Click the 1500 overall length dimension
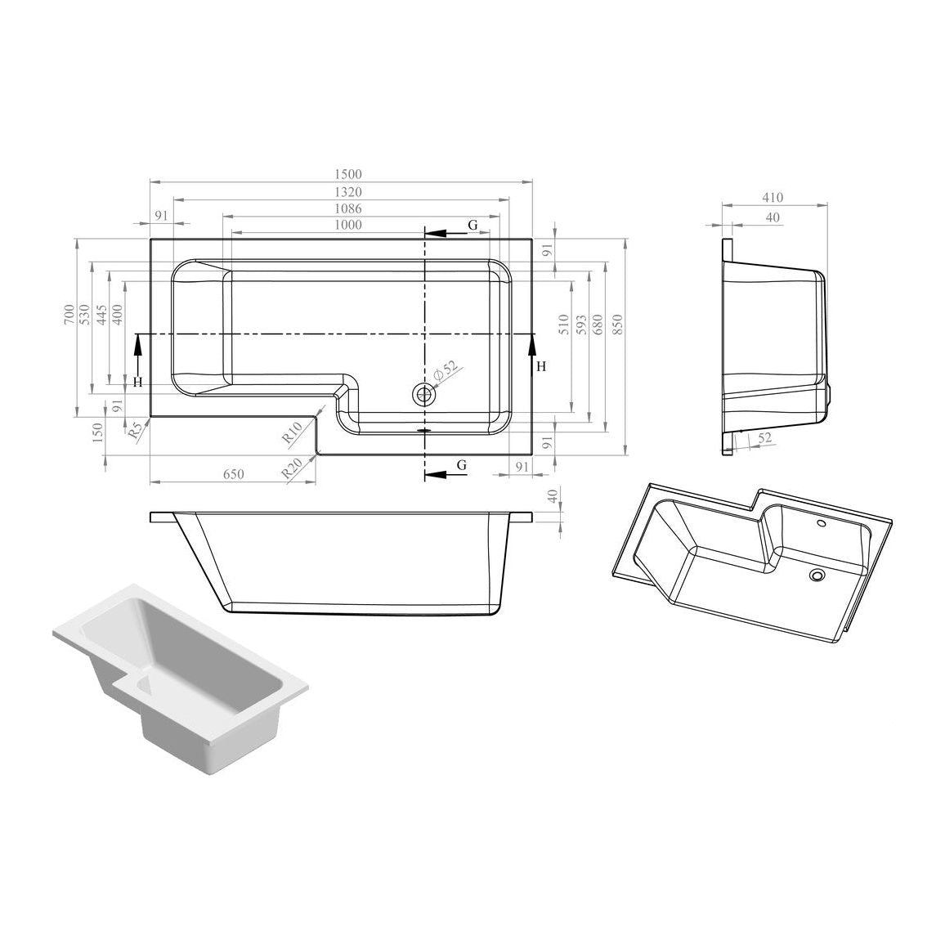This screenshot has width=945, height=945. pos(347,174)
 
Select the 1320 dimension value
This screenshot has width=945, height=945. pos(347,192)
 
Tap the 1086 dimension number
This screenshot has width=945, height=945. pos(347,208)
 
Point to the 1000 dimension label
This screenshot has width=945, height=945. pos(347,225)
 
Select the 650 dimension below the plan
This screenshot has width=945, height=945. pos(234,474)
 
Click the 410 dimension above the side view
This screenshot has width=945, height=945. pos(773,197)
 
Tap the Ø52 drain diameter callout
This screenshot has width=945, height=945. pos(446,371)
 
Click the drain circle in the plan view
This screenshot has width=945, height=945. pos(425,395)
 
